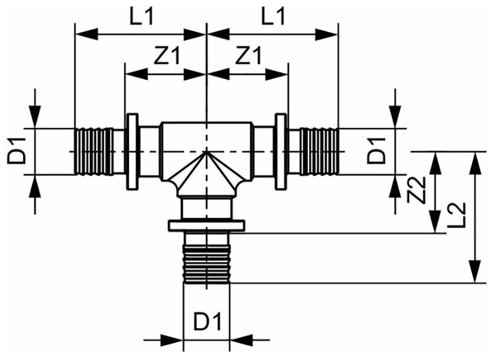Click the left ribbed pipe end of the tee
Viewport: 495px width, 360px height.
click(94, 151)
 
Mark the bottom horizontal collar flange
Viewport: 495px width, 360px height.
click(206, 225)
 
